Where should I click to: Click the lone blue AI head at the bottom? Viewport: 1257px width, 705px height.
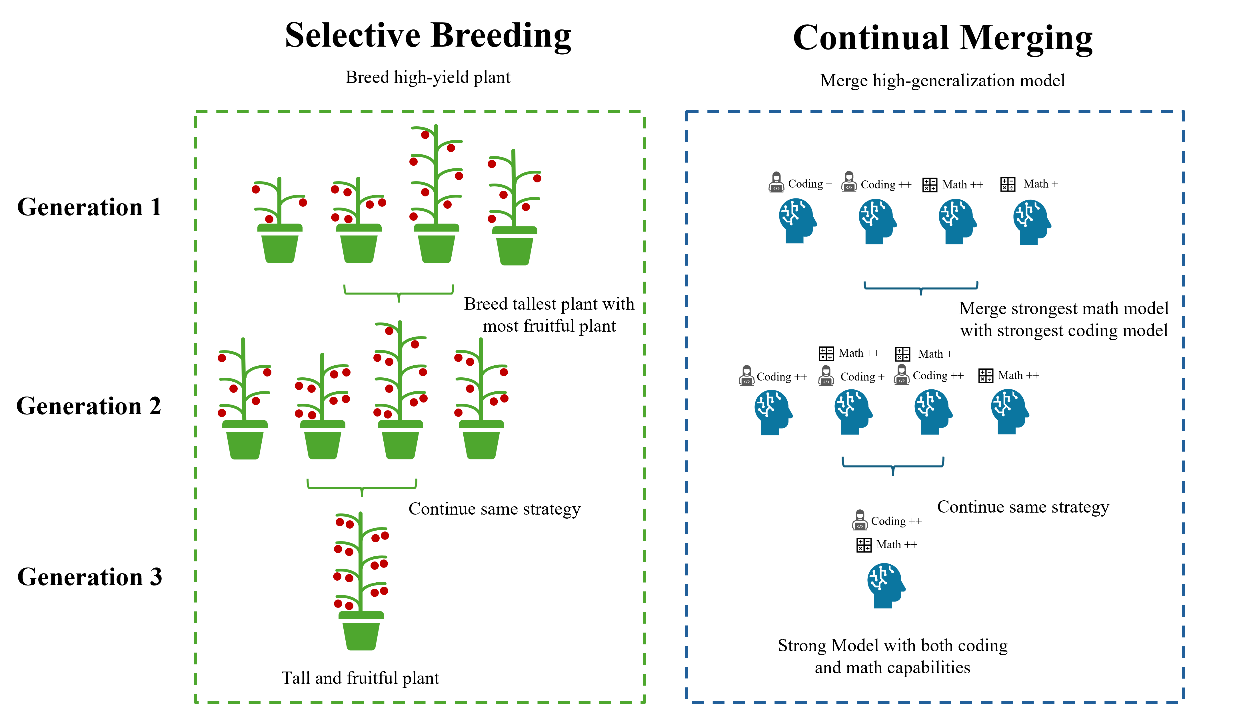point(886,585)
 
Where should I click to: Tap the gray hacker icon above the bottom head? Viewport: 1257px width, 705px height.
point(860,520)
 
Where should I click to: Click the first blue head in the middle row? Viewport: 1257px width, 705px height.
point(773,412)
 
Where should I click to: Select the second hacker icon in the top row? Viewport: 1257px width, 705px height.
point(849,181)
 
